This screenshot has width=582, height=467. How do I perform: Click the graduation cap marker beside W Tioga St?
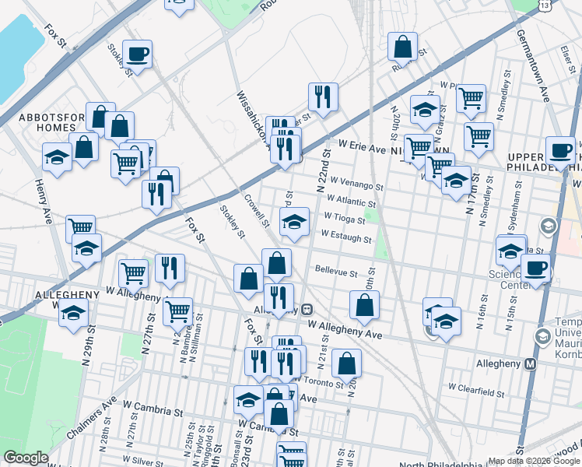[x=294, y=223]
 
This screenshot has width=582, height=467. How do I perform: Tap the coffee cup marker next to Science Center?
[x=535, y=269]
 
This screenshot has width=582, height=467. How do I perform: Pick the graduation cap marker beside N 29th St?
[x=73, y=314]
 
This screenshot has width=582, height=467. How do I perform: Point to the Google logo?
[x=26, y=458]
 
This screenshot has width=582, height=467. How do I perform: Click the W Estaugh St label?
[x=345, y=234]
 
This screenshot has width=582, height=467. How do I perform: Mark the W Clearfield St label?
[x=476, y=387]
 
